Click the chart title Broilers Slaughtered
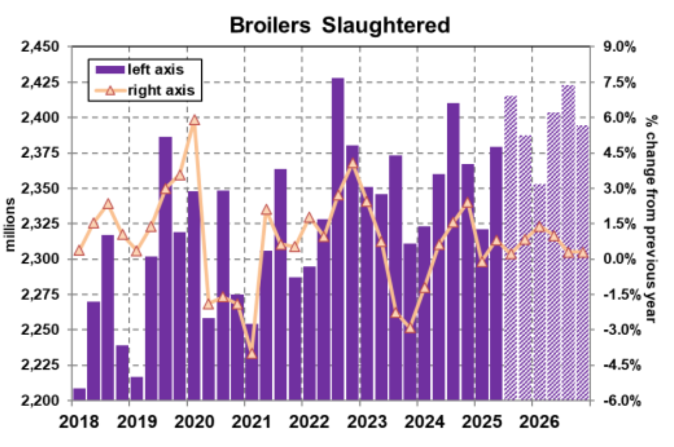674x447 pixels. [x=339, y=25]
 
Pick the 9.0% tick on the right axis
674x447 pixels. [x=620, y=47]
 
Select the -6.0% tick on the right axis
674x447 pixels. [x=621, y=401]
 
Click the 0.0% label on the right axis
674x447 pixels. [x=620, y=259]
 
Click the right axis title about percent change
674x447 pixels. [x=652, y=219]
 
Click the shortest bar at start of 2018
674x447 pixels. [x=79, y=395]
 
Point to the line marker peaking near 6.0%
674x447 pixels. [x=194, y=120]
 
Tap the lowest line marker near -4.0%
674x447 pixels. [x=251, y=354]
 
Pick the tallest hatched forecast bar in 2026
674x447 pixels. [x=568, y=243]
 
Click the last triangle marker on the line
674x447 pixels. [x=583, y=253]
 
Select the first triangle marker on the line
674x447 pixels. [x=79, y=251]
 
